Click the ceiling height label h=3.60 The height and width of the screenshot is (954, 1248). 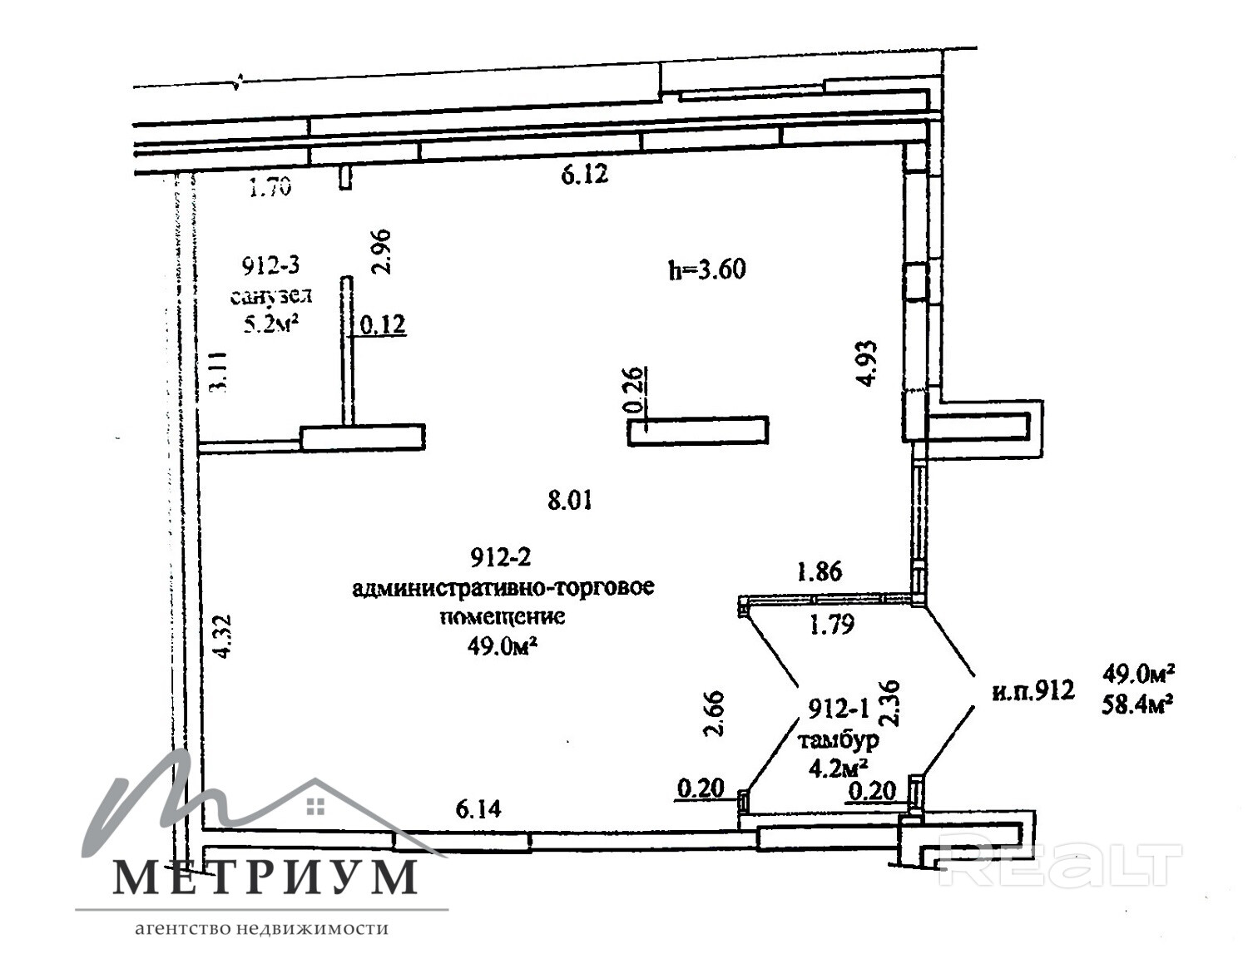coord(706,269)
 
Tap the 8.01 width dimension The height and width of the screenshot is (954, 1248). coord(570,501)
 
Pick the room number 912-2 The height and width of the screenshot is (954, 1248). coord(500,557)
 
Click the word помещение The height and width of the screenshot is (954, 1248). coord(503,616)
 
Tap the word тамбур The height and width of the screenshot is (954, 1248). coord(839,739)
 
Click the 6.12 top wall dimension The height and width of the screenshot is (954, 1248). coord(585,174)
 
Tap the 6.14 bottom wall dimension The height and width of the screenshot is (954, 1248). coord(478,808)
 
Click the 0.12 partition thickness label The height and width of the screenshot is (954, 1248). coord(384,324)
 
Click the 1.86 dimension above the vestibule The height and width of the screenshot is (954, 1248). coord(820,571)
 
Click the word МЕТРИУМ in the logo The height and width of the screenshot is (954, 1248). coord(265,877)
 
